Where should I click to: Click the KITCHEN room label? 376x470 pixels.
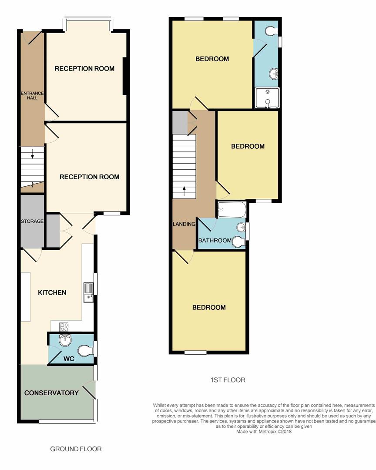52,292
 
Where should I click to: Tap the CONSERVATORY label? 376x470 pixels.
51,393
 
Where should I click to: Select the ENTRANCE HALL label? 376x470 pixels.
32,95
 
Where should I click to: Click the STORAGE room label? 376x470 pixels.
32,221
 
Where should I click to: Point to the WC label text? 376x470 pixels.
69,359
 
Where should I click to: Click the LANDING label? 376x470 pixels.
184,224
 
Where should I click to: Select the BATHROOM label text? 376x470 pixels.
215,240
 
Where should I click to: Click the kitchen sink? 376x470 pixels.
88,292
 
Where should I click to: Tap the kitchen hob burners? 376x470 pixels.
64,327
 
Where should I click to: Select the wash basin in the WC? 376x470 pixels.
65,340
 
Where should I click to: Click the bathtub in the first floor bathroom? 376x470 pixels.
232,209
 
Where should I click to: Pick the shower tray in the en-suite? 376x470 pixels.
267,98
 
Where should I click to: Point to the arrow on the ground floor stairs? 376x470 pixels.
32,154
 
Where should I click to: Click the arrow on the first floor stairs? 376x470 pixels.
184,191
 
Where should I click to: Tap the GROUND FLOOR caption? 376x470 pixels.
76,449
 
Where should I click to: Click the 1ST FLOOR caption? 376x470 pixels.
228,380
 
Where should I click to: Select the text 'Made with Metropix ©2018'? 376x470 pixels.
264,432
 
